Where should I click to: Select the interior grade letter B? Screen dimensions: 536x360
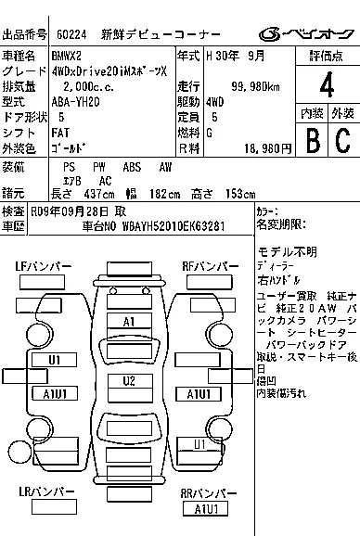[312, 140]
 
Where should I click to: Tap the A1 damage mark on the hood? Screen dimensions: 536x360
[130, 321]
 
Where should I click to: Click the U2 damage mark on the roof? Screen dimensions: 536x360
[130, 381]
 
